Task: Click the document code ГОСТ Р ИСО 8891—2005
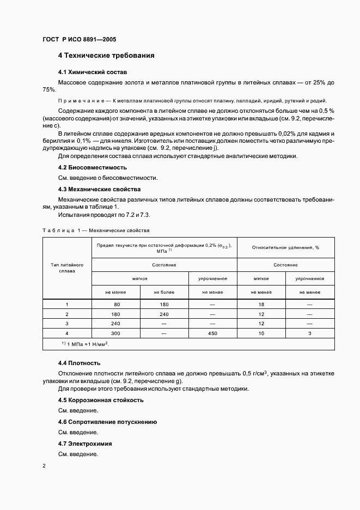point(79,40)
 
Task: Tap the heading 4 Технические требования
point(106,56)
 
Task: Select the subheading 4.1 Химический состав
point(93,72)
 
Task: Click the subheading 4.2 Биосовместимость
point(93,168)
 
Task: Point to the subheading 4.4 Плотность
point(79,363)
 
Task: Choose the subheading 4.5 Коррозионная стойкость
point(101,400)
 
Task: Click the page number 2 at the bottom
point(44,466)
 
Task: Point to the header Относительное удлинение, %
point(286,247)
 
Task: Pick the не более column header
point(164,292)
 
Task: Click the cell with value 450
point(212,332)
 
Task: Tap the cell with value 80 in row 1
point(116,305)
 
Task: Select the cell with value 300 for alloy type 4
point(116,332)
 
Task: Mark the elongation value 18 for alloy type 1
point(261,305)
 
